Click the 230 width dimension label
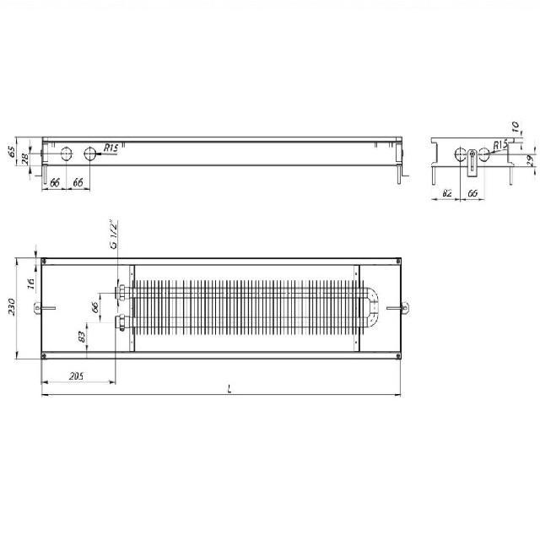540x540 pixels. [11, 306]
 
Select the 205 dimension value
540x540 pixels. [76, 376]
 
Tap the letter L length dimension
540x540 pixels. [229, 389]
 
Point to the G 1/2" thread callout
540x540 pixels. [113, 235]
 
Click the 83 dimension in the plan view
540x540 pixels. [82, 337]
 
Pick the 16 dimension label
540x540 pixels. [31, 283]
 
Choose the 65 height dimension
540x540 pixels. [11, 152]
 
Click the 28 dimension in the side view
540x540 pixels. [24, 159]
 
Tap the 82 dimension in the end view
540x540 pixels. [446, 193]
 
